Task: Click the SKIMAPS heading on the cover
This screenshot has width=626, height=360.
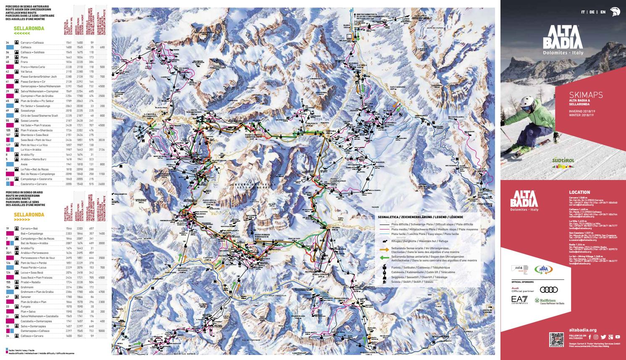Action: pos(586,95)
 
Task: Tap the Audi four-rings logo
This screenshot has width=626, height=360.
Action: pos(548,290)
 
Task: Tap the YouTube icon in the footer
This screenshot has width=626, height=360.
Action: pos(618,337)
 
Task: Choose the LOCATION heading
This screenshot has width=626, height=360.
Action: pos(579,193)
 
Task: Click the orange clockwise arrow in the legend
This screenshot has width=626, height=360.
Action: pos(384,249)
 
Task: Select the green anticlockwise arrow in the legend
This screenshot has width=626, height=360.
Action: pos(384,258)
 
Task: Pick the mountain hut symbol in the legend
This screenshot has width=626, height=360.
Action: pos(384,241)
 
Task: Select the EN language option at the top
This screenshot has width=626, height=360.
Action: pos(603,12)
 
